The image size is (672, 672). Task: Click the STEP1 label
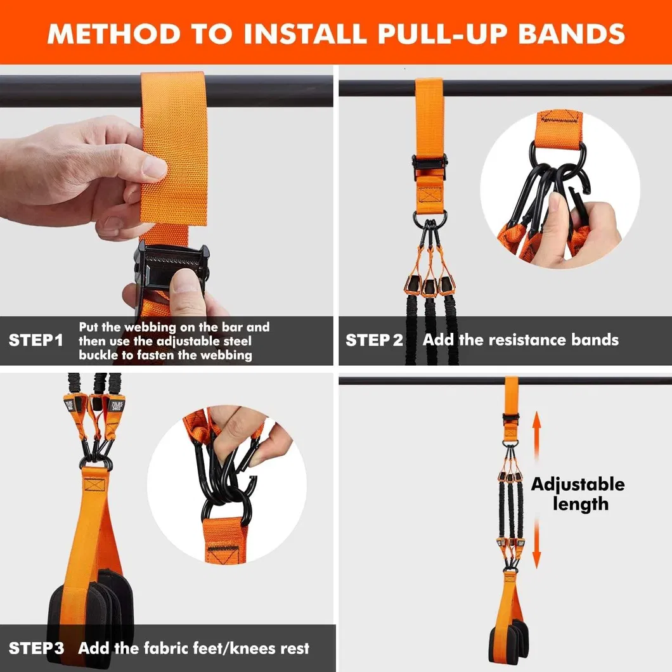[36, 340]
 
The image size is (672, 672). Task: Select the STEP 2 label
[374, 340]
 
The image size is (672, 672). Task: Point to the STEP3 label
[36, 648]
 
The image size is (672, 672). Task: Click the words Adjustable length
[578, 494]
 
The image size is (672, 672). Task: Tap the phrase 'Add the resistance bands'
[520, 340]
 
